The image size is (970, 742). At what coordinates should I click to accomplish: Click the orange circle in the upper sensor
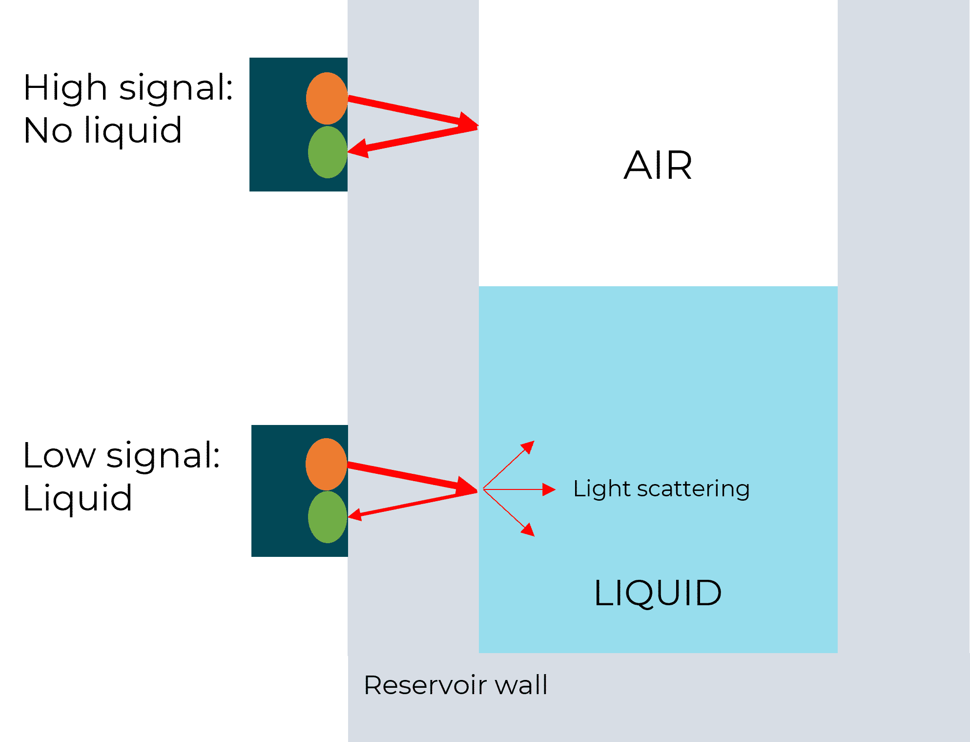(x=327, y=98)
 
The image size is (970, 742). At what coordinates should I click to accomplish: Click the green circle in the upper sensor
(x=328, y=152)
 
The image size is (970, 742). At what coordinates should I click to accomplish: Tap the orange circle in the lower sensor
(x=326, y=464)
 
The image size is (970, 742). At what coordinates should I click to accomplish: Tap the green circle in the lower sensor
(x=328, y=517)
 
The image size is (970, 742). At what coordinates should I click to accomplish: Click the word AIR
(x=658, y=166)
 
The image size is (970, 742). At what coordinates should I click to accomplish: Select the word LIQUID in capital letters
(x=658, y=593)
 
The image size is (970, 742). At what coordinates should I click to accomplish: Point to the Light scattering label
(x=661, y=489)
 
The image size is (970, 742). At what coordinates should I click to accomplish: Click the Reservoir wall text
(x=455, y=685)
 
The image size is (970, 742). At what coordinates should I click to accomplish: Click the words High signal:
(x=128, y=88)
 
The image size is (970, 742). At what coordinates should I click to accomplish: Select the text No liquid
(x=103, y=131)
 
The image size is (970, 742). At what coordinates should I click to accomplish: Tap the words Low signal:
(x=122, y=455)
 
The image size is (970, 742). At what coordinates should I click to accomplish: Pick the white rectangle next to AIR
(x=525, y=93)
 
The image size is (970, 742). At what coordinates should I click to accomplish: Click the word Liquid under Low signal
(x=78, y=498)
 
